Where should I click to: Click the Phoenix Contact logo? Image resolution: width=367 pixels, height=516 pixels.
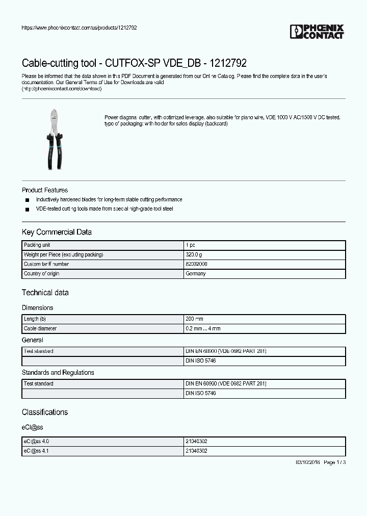coord(317,32)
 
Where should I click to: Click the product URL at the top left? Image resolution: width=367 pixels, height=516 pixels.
coord(79,28)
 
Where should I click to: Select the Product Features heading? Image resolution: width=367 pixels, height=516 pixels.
coord(45,190)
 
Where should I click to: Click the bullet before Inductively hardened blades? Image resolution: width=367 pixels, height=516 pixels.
coord(27,200)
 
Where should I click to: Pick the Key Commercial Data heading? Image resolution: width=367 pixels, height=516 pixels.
coord(57,232)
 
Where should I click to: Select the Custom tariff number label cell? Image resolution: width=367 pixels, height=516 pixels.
coord(46,264)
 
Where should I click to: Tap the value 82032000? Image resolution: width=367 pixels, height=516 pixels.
coord(196,264)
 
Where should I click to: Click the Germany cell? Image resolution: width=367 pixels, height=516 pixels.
coord(196,274)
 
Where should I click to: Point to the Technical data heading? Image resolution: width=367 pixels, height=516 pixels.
coord(45,293)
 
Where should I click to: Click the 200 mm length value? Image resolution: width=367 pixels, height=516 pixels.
coord(195,319)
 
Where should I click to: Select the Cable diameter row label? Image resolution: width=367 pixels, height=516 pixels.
coord(40,328)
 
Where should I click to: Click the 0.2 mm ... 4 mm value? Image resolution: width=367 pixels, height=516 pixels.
coord(203,328)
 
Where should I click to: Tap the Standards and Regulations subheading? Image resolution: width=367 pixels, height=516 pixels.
coord(58,373)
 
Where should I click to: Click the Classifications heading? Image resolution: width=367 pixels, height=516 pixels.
coord(45,412)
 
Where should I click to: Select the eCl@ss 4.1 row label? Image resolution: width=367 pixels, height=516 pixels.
coord(36,451)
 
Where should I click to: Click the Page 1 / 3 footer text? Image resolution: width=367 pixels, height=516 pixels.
coord(334,462)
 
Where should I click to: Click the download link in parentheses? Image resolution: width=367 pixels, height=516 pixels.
coord(62,89)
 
